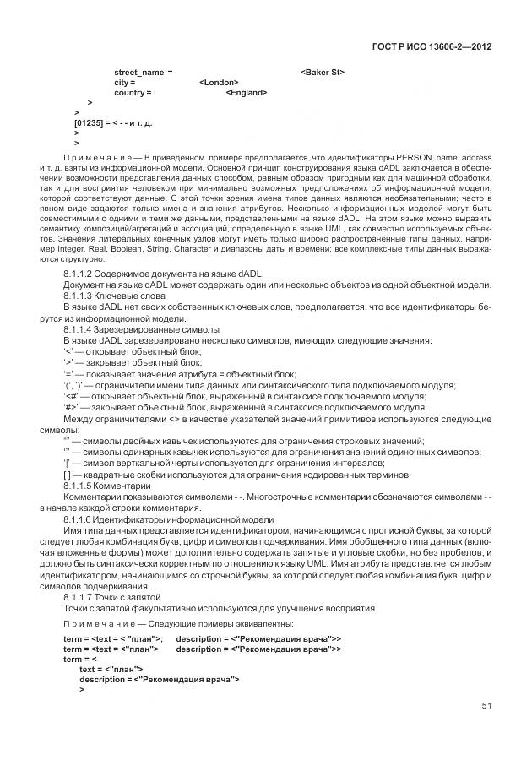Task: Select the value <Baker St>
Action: (x=322, y=73)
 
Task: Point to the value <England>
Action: (x=247, y=93)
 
